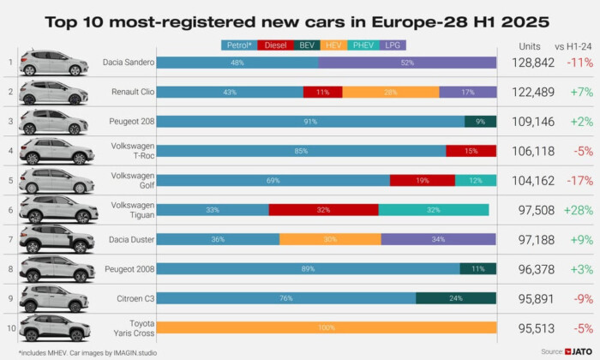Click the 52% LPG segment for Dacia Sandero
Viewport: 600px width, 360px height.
407,63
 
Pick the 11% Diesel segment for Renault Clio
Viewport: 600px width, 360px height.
322,92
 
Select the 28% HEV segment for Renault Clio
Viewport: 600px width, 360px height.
390,92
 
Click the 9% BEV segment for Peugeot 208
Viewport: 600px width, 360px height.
480,122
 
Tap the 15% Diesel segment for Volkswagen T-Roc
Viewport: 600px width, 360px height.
471,151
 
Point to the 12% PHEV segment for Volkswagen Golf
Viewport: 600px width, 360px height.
476,180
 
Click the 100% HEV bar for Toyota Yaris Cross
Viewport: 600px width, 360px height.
327,327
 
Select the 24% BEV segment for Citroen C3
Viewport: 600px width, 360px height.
456,297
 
